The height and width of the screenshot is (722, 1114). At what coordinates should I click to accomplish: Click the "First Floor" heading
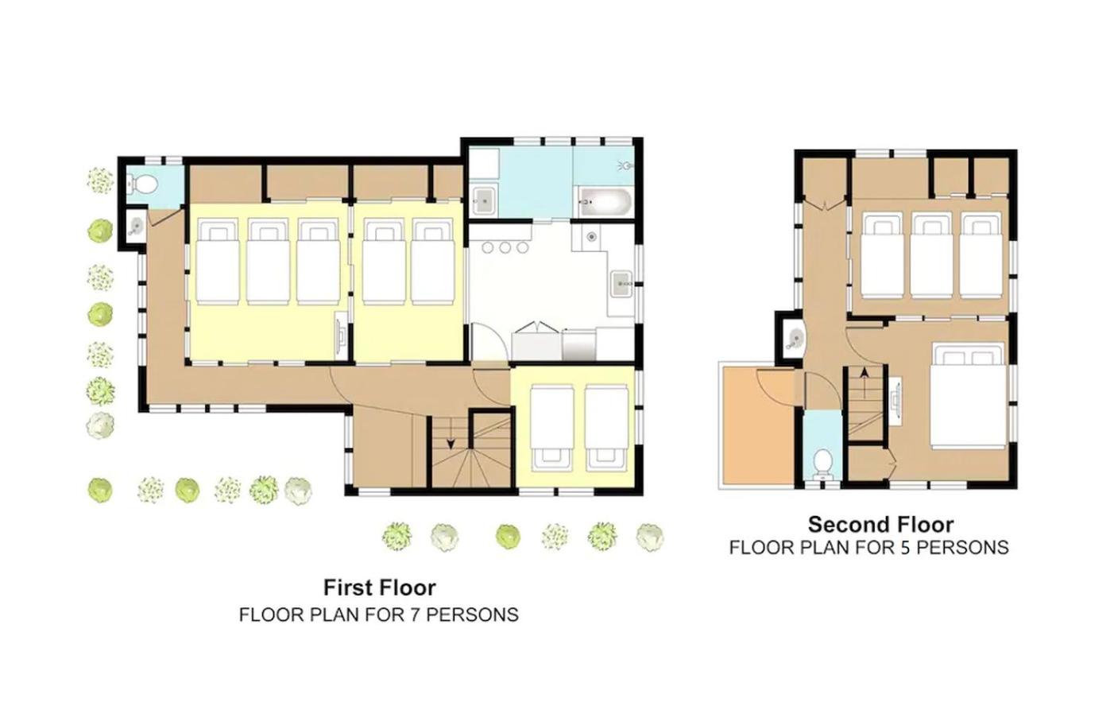pyautogui.click(x=380, y=588)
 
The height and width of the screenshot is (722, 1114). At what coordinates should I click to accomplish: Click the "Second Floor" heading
pyautogui.click(x=880, y=525)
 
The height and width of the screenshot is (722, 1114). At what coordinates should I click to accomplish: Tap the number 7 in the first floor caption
pyautogui.click(x=414, y=615)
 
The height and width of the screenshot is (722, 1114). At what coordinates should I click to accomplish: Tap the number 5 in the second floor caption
pyautogui.click(x=903, y=548)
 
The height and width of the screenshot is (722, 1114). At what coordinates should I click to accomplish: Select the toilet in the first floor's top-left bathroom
pyautogui.click(x=144, y=184)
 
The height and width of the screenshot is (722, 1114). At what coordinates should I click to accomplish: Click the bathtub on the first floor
pyautogui.click(x=604, y=202)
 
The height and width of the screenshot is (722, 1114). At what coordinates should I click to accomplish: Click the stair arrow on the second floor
pyautogui.click(x=865, y=382)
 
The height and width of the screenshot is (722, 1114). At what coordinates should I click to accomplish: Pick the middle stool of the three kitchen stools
pyautogui.click(x=505, y=247)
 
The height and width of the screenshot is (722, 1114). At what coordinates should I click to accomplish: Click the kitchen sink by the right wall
pyautogui.click(x=621, y=284)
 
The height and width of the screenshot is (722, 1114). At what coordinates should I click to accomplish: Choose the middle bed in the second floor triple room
pyautogui.click(x=932, y=255)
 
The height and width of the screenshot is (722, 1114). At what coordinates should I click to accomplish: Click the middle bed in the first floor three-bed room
pyautogui.click(x=268, y=262)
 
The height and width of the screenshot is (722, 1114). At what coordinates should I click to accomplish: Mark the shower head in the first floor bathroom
pyautogui.click(x=625, y=165)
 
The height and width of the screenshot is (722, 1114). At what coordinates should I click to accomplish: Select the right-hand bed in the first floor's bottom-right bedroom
pyautogui.click(x=606, y=428)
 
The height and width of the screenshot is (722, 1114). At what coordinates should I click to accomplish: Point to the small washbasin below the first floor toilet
pyautogui.click(x=135, y=227)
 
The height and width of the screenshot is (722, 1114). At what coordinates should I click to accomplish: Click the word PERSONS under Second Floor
pyautogui.click(x=962, y=548)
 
